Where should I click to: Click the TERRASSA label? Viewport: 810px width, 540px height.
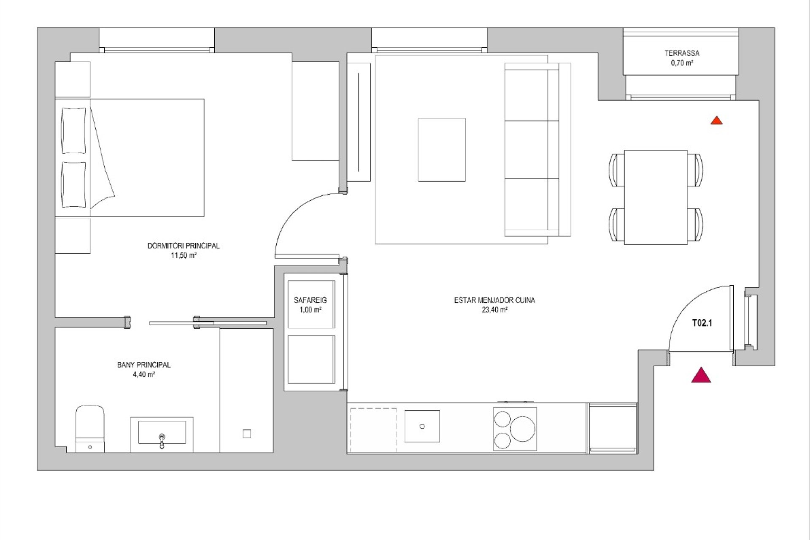(x=682, y=53)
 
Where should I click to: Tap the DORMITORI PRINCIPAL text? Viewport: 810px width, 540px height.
(x=184, y=246)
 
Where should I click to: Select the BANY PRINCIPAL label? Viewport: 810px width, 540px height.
(x=144, y=365)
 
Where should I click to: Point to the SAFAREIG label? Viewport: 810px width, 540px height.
(x=310, y=300)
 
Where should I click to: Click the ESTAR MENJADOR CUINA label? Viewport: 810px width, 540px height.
(x=494, y=300)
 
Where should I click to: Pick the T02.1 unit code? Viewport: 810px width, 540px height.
(x=702, y=323)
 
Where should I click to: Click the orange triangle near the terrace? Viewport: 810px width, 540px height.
(x=716, y=121)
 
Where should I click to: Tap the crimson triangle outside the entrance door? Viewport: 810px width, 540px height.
(x=701, y=375)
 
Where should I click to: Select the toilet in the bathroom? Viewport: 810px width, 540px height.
(x=90, y=429)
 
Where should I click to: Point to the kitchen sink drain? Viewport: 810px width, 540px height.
(x=422, y=427)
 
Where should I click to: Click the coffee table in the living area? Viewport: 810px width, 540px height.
(x=442, y=150)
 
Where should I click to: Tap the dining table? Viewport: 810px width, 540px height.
(x=656, y=197)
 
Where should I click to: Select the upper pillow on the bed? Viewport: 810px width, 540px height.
(x=74, y=130)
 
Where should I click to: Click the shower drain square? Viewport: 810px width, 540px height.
(x=247, y=434)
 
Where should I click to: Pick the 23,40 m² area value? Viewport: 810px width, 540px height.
(x=494, y=310)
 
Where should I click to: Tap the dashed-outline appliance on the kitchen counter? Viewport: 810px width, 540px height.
(x=372, y=430)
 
